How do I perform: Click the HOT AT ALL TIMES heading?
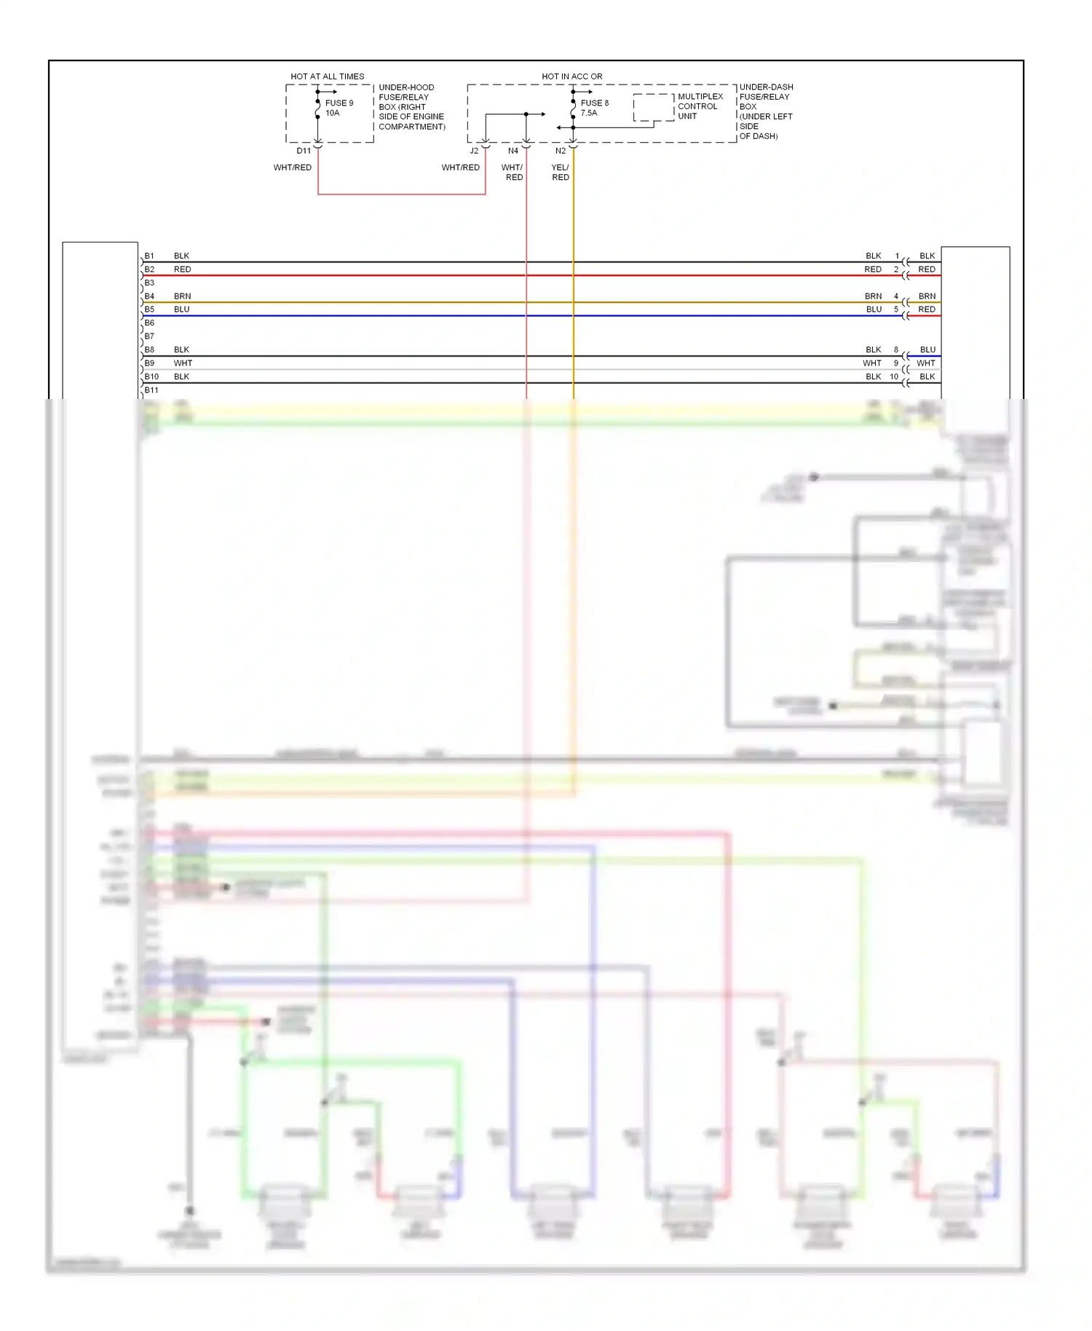(x=327, y=76)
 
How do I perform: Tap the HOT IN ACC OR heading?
(x=571, y=76)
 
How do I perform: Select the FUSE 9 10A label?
(x=339, y=108)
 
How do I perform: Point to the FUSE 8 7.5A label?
(x=594, y=108)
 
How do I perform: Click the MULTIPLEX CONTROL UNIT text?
(x=700, y=106)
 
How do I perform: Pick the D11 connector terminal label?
(x=304, y=151)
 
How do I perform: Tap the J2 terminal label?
(x=474, y=151)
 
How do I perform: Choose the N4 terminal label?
(x=513, y=151)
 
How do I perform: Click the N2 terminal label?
(x=561, y=151)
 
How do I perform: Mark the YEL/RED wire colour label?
(x=560, y=173)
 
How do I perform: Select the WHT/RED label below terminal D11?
(x=293, y=167)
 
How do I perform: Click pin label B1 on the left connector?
(x=149, y=256)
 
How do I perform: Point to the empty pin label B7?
(x=149, y=336)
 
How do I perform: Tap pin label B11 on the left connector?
(x=151, y=390)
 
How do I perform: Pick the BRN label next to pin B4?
(x=183, y=296)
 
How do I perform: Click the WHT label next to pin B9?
(x=183, y=363)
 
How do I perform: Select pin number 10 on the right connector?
(x=894, y=376)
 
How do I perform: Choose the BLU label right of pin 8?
(x=927, y=349)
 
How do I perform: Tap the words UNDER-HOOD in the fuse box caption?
(x=406, y=87)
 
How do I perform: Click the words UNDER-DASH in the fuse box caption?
(x=766, y=87)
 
